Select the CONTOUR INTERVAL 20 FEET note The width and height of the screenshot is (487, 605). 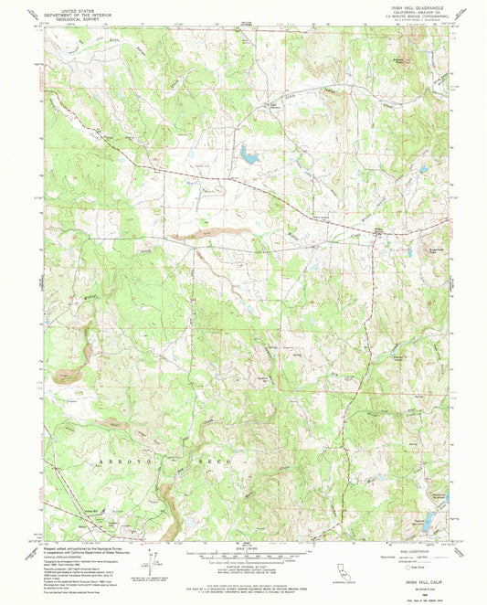[x=243, y=567]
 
